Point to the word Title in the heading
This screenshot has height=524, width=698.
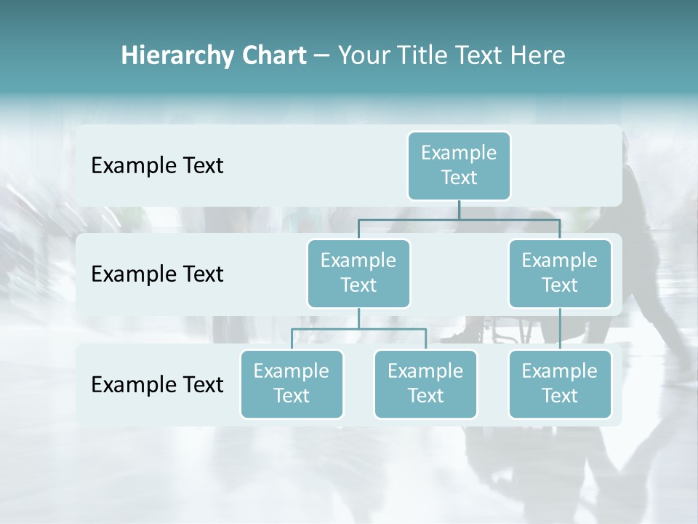point(422,56)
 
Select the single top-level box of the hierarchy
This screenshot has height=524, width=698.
point(459,166)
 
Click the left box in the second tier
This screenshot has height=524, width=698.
point(358,274)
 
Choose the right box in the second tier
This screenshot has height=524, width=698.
point(560,274)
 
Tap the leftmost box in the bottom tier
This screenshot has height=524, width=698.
point(292,384)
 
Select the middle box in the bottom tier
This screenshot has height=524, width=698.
point(425,384)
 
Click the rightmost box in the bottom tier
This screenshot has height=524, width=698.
point(560,384)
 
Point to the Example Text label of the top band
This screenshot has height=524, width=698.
point(157,166)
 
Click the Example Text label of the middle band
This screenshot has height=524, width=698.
point(157,274)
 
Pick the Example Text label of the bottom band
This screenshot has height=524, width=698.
point(157,384)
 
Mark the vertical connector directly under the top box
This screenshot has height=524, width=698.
point(459,210)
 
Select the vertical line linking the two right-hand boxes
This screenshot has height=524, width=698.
point(560,329)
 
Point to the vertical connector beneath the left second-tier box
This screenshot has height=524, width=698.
point(358,318)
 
